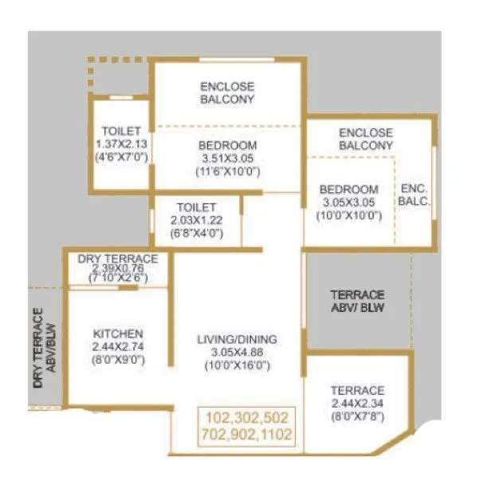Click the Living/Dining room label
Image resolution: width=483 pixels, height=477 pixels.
pyautogui.click(x=238, y=339)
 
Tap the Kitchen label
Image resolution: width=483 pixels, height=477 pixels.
pyautogui.click(x=118, y=333)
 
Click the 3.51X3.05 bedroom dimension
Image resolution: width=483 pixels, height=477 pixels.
pyautogui.click(x=227, y=158)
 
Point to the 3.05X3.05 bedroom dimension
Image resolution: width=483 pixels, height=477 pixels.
pyautogui.click(x=348, y=203)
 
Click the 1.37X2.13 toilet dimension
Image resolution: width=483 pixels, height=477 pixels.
pyautogui.click(x=121, y=144)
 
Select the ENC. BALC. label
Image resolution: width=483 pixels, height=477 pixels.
pyautogui.click(x=415, y=195)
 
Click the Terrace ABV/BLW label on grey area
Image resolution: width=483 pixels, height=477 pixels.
pyautogui.click(x=356, y=301)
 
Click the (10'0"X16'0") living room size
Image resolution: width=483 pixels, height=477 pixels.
pyautogui.click(x=238, y=365)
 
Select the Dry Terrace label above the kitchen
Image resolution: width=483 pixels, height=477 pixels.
pyautogui.click(x=118, y=259)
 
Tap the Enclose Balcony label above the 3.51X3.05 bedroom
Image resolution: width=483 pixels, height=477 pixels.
pyautogui.click(x=227, y=93)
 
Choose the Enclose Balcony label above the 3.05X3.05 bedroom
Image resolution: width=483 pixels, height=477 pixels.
pyautogui.click(x=366, y=139)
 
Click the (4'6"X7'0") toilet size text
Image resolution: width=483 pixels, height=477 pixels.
pyautogui.click(x=121, y=156)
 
